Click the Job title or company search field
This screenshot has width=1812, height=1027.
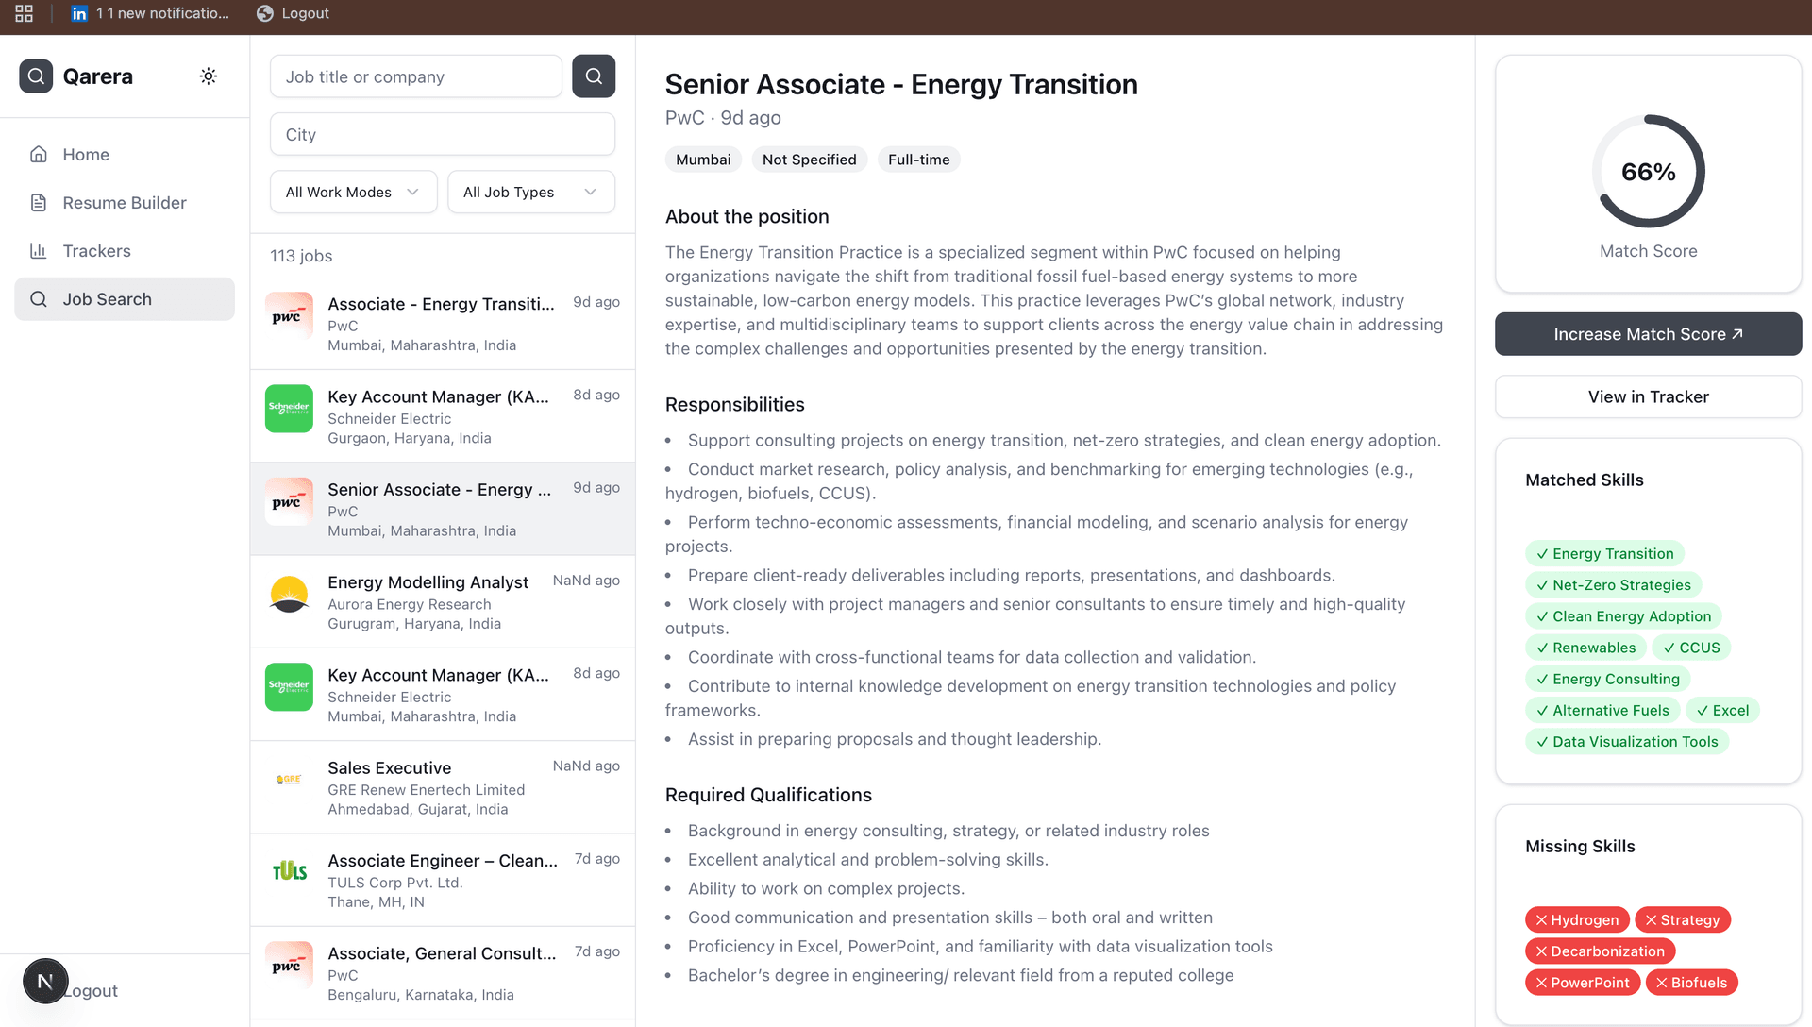[x=415, y=76]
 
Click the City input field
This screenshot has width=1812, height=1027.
[x=442, y=135]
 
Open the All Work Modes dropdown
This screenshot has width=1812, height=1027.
[x=353, y=193]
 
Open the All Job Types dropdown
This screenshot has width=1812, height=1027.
[x=530, y=193]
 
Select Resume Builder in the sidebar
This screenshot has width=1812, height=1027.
[x=124, y=203]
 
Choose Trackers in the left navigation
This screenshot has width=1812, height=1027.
[x=96, y=251]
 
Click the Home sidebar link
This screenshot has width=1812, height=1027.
[x=86, y=155]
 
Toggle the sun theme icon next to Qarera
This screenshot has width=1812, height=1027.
[x=209, y=76]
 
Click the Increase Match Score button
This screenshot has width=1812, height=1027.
[x=1648, y=334]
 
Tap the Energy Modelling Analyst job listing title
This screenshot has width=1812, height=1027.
[x=428, y=582]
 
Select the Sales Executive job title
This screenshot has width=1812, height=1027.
[x=389, y=768]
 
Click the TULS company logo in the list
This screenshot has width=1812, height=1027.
[x=289, y=871]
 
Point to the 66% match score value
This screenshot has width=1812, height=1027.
[x=1648, y=172]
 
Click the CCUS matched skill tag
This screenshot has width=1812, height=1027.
[x=1691, y=648]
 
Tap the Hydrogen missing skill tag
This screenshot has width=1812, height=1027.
[x=1577, y=920]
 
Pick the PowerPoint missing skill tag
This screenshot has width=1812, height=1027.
[x=1583, y=983]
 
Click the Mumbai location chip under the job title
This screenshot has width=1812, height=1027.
[x=703, y=160]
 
